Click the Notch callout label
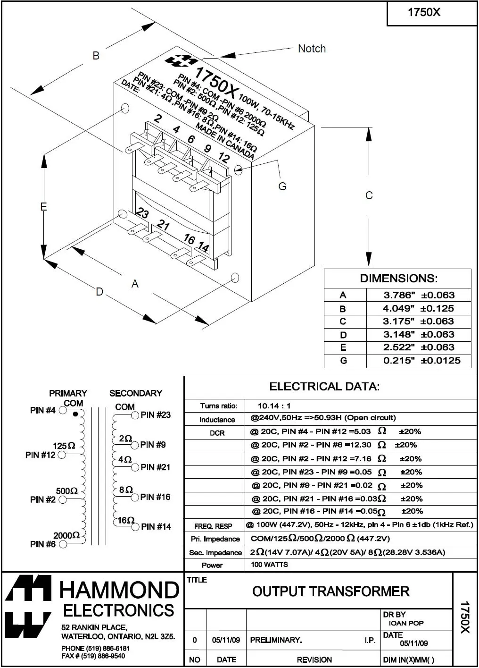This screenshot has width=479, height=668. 312,49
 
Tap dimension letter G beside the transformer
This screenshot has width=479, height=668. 282,186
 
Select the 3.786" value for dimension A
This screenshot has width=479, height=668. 399,295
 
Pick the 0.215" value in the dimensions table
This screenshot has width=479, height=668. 399,361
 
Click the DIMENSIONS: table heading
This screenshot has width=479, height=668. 398,278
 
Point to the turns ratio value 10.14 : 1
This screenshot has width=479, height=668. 274,406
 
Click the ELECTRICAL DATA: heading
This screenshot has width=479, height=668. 324,387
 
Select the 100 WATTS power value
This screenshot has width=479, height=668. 269,564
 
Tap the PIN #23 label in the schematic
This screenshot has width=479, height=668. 156,414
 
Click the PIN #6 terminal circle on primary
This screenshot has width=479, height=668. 63,544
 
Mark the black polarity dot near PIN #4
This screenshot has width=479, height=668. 75,414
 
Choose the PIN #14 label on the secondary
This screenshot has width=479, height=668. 156,526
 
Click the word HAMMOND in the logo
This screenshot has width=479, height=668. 119,590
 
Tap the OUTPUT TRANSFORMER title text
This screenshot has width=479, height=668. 330,591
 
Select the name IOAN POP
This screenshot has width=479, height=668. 406,623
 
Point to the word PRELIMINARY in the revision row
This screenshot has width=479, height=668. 276,640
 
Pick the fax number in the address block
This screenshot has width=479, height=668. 93,656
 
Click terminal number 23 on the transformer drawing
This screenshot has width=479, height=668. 142,213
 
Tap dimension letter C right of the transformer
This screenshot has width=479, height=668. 369,195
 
